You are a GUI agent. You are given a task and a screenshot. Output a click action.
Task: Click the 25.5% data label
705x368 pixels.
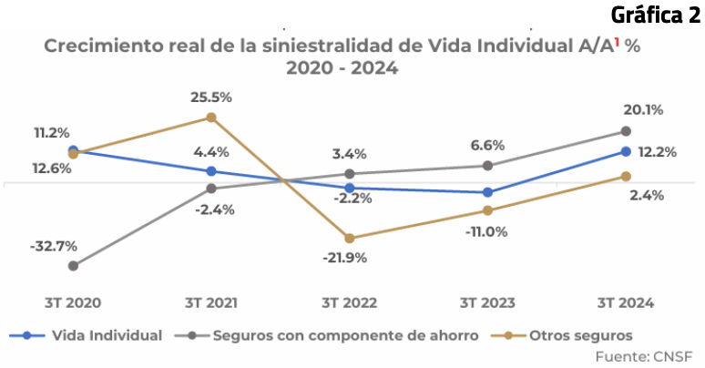(211, 97)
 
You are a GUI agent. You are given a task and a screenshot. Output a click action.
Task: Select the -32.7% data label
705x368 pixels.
(53, 246)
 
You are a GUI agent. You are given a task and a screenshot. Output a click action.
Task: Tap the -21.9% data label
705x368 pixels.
(345, 258)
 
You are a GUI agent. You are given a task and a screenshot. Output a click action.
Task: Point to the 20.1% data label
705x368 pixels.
(644, 110)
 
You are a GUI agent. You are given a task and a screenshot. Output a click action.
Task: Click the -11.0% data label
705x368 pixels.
(486, 231)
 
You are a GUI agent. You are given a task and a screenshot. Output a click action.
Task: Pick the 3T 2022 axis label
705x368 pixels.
(351, 303)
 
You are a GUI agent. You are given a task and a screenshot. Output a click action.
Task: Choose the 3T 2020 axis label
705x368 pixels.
(73, 303)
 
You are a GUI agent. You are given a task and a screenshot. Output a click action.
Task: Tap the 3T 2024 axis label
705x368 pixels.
(626, 303)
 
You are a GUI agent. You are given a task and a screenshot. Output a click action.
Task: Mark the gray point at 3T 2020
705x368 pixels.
(73, 266)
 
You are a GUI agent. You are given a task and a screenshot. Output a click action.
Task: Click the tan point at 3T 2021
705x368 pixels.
(211, 118)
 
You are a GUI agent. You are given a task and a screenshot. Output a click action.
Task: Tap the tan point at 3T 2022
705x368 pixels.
(351, 239)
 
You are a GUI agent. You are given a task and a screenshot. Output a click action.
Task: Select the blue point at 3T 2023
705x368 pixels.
(488, 192)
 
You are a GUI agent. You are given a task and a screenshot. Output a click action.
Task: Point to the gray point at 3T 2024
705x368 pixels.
(626, 131)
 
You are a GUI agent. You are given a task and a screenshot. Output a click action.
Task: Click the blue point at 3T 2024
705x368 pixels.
(626, 151)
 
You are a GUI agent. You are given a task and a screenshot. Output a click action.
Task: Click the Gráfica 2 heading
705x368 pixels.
(649, 15)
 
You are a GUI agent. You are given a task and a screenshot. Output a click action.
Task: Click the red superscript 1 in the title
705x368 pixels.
(617, 42)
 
